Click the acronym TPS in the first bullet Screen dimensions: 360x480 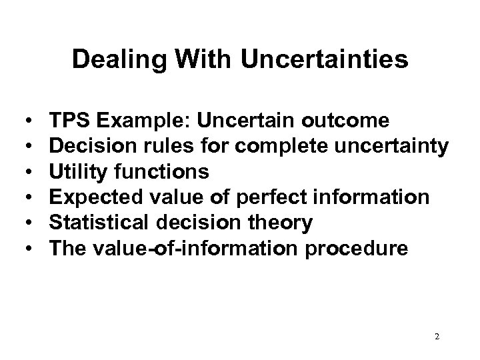[x=69, y=121]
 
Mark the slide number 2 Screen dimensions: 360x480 [x=436, y=337]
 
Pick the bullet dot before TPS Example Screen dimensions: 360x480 [x=31, y=121]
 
